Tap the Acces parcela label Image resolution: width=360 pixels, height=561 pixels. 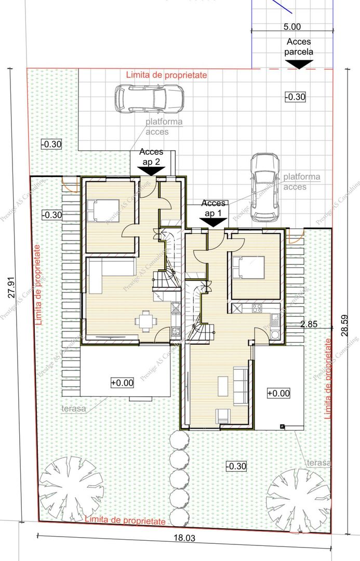coord(299,47)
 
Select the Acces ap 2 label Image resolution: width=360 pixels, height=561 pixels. coord(151,157)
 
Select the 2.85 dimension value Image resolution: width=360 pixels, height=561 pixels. coord(309,324)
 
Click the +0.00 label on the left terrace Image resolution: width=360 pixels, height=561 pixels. coord(122,383)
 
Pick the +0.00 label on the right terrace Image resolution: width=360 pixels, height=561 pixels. coord(278,393)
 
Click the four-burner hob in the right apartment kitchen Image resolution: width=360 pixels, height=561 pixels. coord(257,309)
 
